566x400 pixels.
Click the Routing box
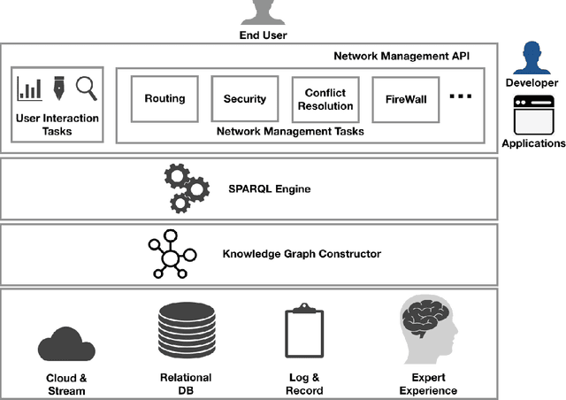coord(164,99)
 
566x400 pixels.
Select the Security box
coord(244,99)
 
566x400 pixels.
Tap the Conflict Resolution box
coord(324,99)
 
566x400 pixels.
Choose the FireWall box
coord(405,99)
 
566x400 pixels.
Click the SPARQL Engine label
coord(271,189)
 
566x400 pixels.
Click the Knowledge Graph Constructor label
coord(302,254)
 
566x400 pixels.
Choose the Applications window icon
coord(532,114)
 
